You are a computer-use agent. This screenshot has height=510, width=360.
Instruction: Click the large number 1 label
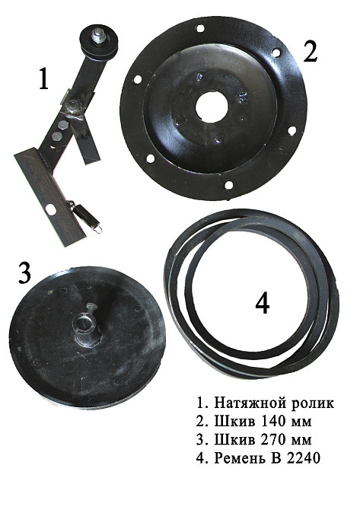pos(44,79)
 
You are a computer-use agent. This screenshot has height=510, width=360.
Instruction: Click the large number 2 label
pos(310,52)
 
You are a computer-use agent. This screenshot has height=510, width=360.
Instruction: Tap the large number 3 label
pos(24,273)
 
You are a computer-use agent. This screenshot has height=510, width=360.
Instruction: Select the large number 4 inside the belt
pos(262,304)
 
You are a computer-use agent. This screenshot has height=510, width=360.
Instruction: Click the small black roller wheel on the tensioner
pos(98,43)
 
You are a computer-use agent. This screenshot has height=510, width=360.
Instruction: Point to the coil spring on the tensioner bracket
pos(84,215)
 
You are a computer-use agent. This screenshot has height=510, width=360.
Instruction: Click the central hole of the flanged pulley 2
pos(212,107)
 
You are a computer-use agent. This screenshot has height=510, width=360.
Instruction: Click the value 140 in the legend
pos(275,421)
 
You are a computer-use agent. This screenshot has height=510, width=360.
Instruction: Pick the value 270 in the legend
pos(275,439)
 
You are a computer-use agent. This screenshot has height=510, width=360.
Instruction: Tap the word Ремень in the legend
pos(238,458)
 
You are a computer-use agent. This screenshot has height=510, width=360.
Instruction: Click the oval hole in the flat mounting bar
pos(50,209)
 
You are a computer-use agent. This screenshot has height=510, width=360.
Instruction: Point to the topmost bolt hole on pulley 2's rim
pos(201,28)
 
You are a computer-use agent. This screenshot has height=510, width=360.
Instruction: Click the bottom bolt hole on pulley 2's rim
pos(229,185)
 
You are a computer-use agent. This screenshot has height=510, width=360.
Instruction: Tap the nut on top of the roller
pos(97,35)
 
